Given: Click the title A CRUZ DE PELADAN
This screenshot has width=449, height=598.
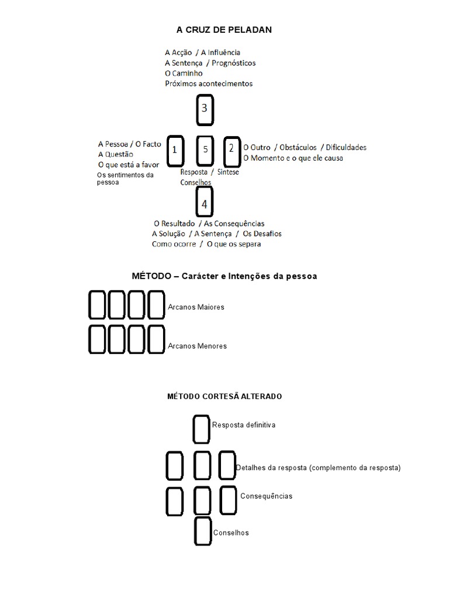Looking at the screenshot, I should point(224,29).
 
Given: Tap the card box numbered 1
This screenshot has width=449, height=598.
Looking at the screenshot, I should point(175,151).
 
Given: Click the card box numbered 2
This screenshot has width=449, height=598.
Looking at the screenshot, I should point(232,150).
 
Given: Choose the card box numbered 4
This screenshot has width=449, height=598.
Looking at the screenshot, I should point(204,204).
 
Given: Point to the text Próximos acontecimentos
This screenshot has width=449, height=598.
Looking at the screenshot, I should point(209,84).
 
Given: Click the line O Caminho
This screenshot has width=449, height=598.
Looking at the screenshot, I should point(184,74).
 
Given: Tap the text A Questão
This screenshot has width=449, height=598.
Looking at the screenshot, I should point(116,154).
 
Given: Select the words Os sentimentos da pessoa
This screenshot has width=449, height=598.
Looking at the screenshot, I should point(125,178).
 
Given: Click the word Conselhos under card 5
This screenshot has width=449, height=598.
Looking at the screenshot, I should point(196,182).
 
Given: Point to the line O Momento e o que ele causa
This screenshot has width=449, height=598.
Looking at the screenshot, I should point(293,158).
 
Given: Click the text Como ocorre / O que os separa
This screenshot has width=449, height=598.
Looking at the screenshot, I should point(206,244).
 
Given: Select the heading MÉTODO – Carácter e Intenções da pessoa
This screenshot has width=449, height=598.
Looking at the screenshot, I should point(225,276).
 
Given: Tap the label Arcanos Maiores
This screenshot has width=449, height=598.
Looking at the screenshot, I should point(196,307).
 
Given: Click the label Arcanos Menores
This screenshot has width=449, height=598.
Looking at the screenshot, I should point(197,346).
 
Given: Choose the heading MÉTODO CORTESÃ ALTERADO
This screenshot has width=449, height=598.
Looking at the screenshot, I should point(224,397).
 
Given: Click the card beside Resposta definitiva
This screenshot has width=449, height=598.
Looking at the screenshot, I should point(201,429).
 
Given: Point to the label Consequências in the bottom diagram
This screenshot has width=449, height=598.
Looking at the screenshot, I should point(266,496).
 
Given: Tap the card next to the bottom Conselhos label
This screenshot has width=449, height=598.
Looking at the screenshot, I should point(203,531).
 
